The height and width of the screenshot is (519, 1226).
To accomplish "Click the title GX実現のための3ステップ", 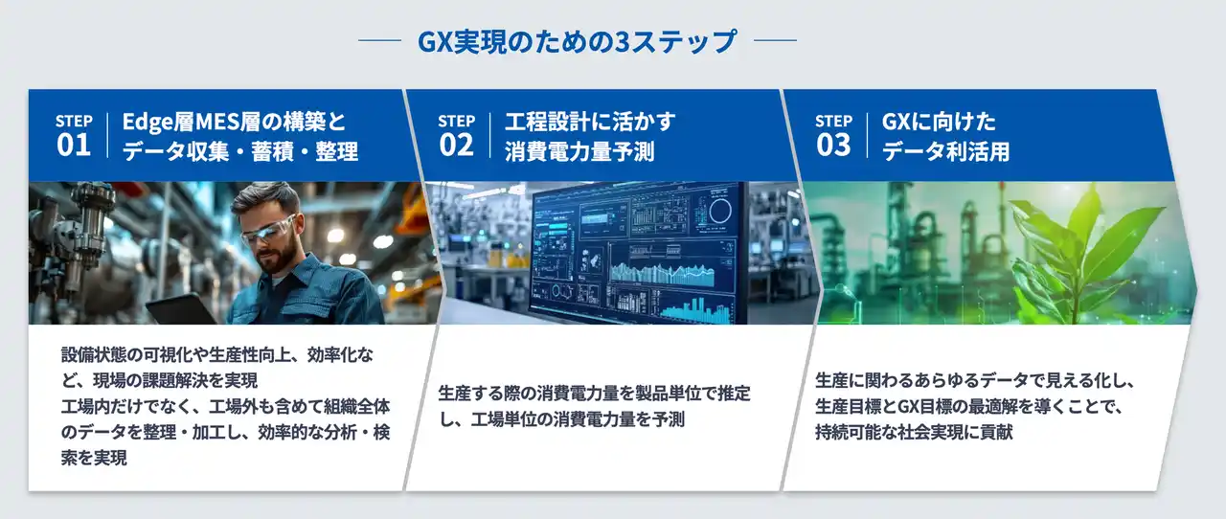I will (x=578, y=42).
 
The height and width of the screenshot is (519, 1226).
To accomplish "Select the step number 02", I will (x=456, y=145).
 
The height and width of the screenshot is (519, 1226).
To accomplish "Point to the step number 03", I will (x=833, y=145).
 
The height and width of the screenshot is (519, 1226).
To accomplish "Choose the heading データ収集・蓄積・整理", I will (x=239, y=151).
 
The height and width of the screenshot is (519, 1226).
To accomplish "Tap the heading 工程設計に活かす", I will (x=590, y=122).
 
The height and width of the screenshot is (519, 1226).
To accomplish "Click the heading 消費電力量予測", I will (x=579, y=151).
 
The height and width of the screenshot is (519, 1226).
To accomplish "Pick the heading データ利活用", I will (x=945, y=151).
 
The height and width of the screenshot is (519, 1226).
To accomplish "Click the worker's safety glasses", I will (x=265, y=229).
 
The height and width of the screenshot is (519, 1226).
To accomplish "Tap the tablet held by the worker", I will (x=182, y=308).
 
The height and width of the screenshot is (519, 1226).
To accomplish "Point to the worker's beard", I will (x=278, y=257).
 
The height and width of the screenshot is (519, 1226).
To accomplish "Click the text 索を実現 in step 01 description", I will (x=94, y=458).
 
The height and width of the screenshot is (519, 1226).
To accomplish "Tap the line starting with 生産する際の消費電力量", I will (x=594, y=393).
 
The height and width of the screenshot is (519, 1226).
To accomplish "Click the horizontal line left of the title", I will (x=378, y=42).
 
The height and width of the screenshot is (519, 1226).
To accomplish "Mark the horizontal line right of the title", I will (x=776, y=42).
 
